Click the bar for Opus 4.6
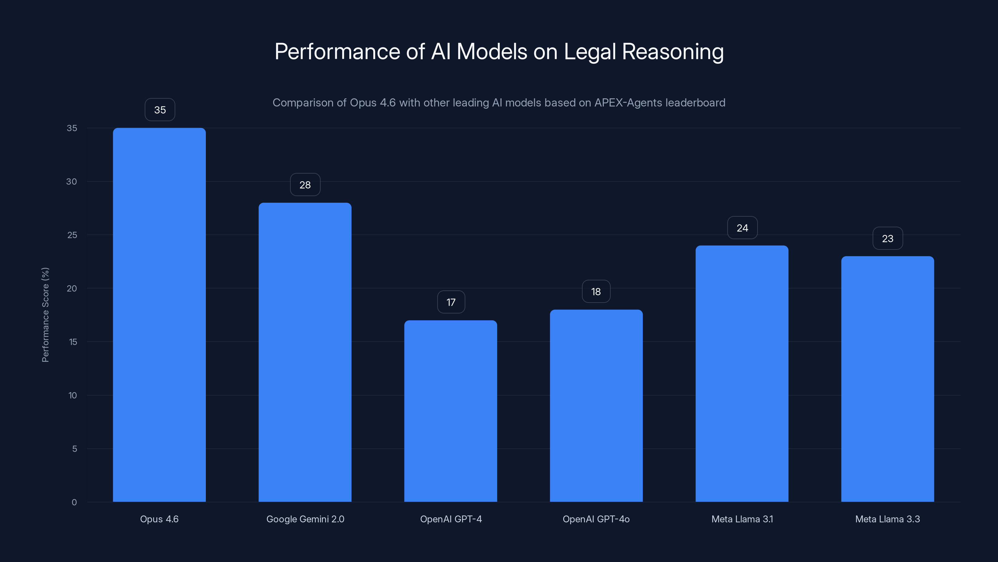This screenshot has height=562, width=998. click(159, 314)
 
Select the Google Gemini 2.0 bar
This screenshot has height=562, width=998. click(305, 352)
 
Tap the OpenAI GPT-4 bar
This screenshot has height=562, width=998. click(451, 411)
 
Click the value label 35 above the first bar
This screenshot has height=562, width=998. click(160, 110)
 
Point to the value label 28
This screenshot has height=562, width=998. click(305, 185)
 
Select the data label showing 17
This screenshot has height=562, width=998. click(451, 302)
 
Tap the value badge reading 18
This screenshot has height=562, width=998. click(596, 292)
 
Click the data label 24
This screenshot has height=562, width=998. click(742, 228)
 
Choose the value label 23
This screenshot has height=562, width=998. click(888, 239)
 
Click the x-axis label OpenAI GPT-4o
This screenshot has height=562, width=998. click(596, 519)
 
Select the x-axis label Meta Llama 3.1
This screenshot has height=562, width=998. click(742, 519)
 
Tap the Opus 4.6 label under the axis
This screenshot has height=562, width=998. click(159, 519)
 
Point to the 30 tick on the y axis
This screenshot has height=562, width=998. click(72, 181)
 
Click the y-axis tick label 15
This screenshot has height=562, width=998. click(73, 342)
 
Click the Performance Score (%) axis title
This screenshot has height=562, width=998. click(45, 314)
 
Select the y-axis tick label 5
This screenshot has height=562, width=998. click(75, 449)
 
